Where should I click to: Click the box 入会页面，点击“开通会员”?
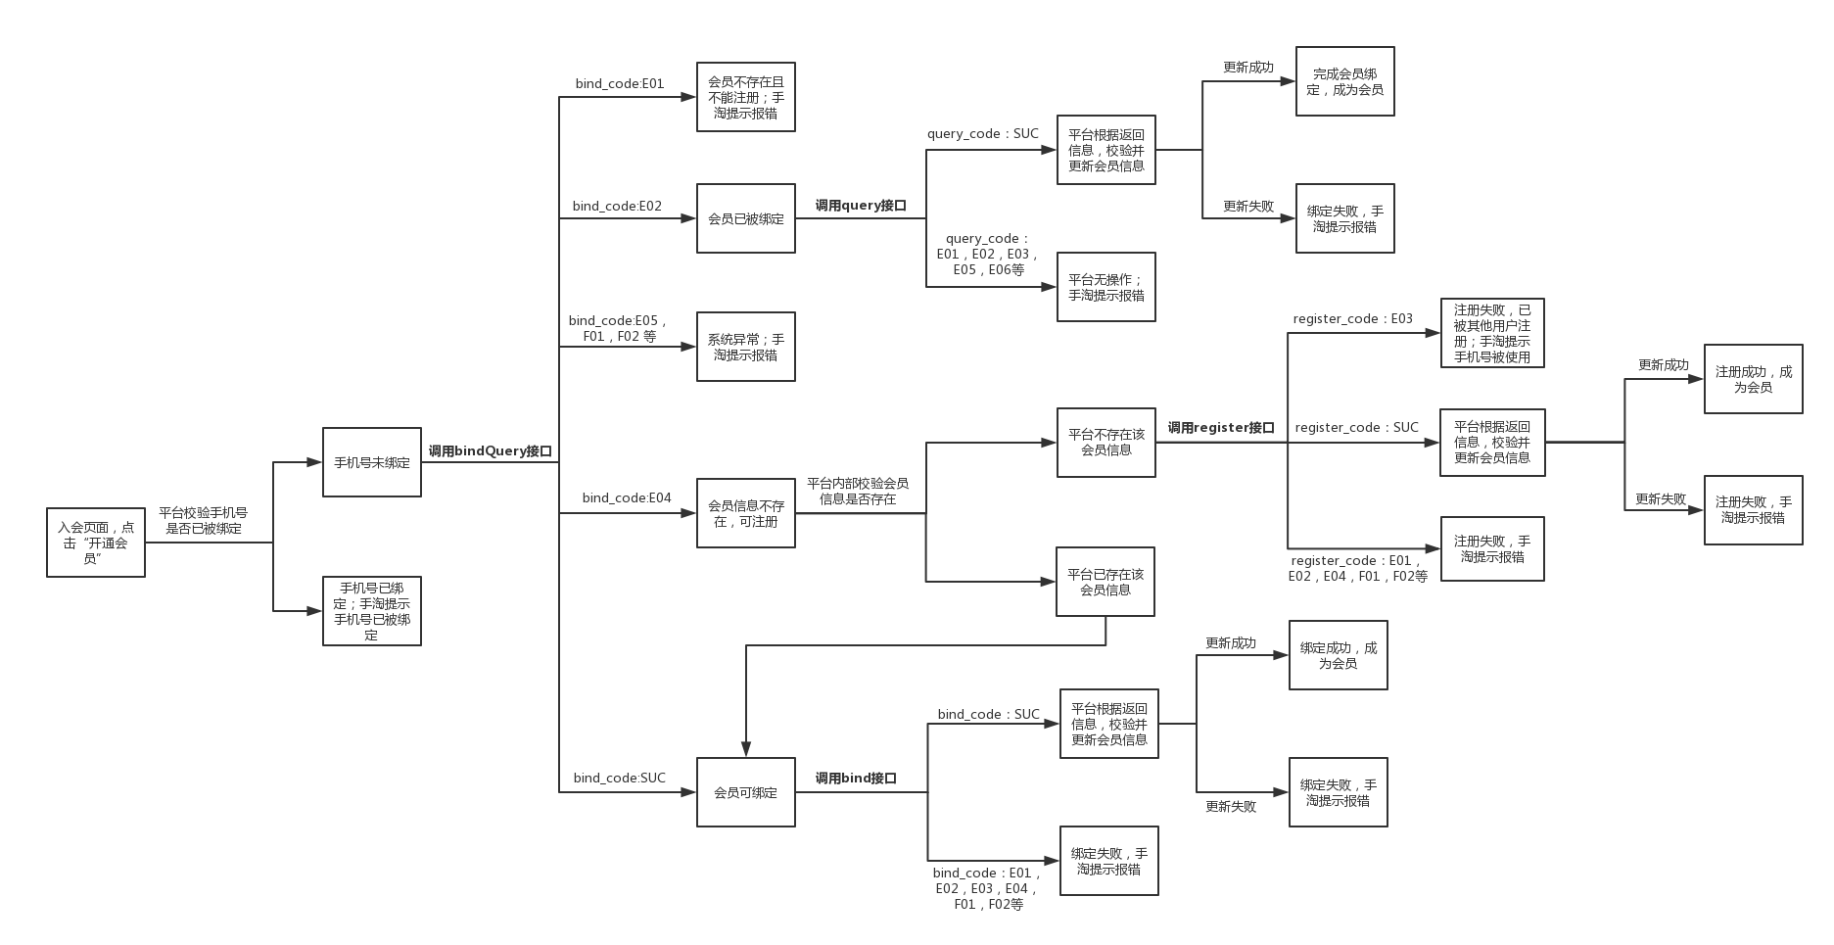pos(96,543)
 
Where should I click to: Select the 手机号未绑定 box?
pos(372,462)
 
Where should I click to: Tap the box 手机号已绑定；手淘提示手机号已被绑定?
pos(372,611)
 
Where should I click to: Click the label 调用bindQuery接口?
pos(490,451)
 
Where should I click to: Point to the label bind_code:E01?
pos(620,84)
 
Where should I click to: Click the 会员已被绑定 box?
pos(746,218)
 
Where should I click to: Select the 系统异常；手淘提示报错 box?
pos(746,347)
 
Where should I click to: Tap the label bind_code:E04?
pos(627,498)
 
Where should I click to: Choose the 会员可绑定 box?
pos(746,792)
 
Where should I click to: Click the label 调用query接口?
pos(861,206)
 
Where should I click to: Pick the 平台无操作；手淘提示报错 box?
pos(1106,287)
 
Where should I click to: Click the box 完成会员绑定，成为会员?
pos(1345,81)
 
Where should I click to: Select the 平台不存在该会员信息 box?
pos(1106,443)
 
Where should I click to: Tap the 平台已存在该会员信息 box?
pos(1105,582)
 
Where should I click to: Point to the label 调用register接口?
pos(1221,428)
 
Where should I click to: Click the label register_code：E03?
pos(1353,319)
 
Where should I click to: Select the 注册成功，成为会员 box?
pos(1754,379)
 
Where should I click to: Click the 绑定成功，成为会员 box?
pos(1339,655)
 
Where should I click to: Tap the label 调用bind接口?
pos(856,779)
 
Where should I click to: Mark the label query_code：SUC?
pos(983,134)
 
